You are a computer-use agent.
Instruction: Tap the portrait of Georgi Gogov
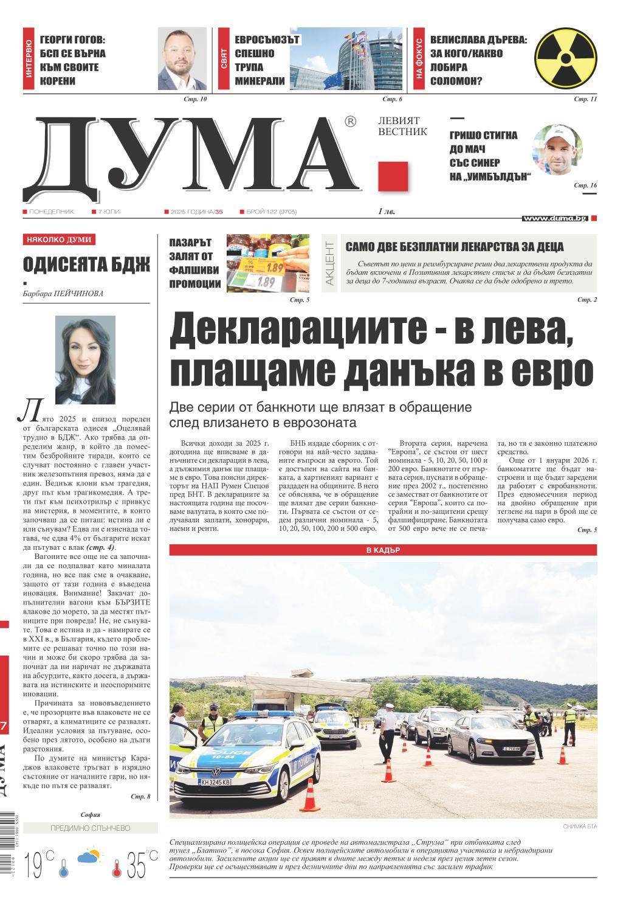coord(182,58)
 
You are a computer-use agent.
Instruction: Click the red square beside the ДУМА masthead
coord(393,176)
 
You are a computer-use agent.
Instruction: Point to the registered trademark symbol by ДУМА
coord(350,122)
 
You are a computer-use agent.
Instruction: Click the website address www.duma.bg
coord(554,218)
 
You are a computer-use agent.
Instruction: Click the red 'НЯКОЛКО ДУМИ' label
coord(59,240)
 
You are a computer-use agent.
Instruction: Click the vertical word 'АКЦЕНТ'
coord(329,264)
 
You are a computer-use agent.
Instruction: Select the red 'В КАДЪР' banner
coord(383,550)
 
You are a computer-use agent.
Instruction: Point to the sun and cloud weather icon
coord(89,858)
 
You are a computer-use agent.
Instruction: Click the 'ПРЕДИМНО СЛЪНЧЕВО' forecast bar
coord(90,828)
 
